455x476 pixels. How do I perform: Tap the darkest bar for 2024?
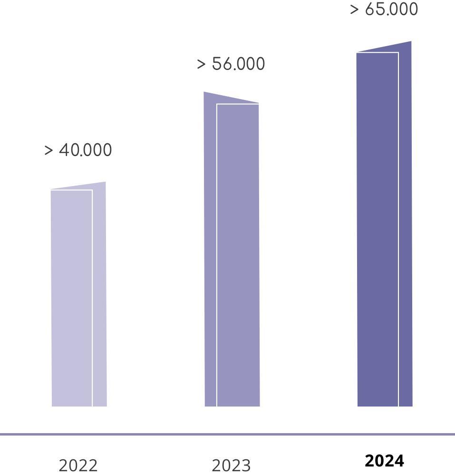point(378,228)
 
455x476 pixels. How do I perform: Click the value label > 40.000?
point(78,150)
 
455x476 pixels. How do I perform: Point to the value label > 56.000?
point(231,64)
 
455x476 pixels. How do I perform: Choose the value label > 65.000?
point(384,9)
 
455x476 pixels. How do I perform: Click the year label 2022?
point(78,465)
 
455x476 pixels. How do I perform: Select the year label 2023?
point(231,465)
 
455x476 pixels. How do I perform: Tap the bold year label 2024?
point(384,461)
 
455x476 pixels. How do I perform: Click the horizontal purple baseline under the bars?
point(227,434)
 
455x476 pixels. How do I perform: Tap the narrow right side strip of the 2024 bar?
point(405,228)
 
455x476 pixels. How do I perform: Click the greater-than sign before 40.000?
point(48,150)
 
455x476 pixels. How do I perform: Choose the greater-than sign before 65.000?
point(355,10)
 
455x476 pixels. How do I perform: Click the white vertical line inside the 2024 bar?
point(398,228)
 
